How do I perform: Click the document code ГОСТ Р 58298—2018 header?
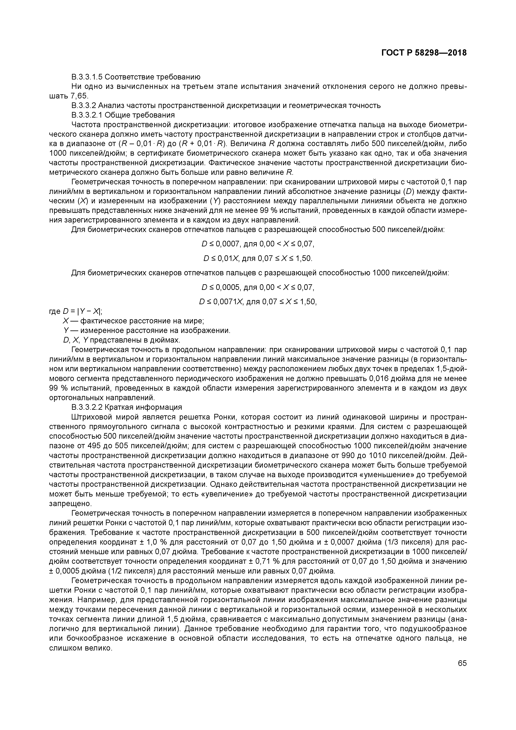424,53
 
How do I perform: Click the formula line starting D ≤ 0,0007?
258,244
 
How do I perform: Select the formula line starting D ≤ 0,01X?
258,258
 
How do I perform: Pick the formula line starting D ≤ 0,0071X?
258,302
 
